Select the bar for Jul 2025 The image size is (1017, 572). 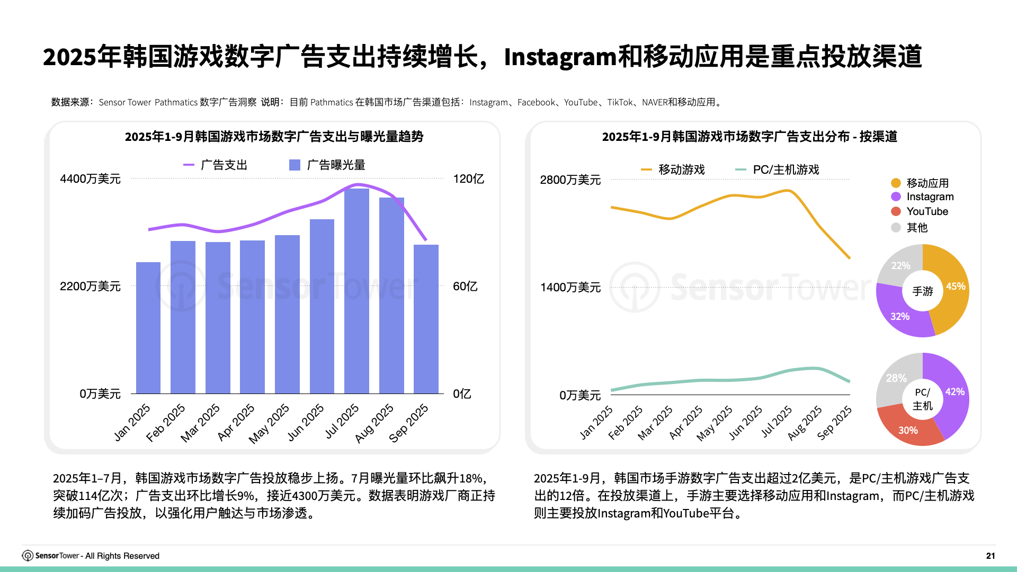point(356,291)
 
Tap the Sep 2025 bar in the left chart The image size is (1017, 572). point(426,319)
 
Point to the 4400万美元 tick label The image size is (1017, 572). point(90,179)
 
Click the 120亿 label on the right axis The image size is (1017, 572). point(468,179)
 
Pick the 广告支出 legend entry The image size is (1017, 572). point(216,165)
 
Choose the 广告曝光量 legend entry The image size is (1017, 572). point(327,165)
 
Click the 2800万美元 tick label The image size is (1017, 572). point(570,180)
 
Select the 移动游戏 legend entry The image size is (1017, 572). point(673,170)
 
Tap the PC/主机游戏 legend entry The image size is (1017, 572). point(778,170)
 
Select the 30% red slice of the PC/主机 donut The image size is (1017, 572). point(907,426)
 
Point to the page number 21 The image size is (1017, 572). point(991,556)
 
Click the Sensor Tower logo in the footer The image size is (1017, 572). point(28,556)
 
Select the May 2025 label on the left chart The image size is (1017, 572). point(270,423)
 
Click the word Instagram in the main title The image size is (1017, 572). point(560,57)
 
